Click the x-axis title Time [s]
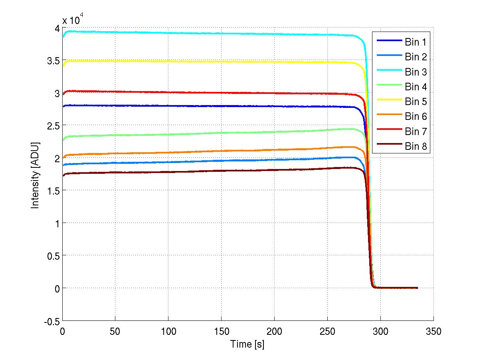(247, 344)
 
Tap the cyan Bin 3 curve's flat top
(200, 33)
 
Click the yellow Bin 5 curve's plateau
(200, 62)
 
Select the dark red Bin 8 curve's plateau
(200, 171)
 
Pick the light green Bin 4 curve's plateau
(200, 133)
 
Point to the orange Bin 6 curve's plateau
(200, 152)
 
